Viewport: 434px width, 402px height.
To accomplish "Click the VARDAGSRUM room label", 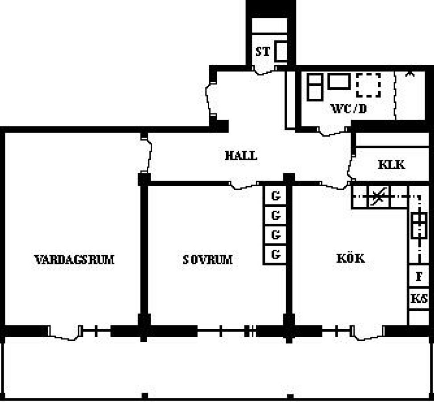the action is tap(74, 260).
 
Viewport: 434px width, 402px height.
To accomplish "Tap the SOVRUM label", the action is tap(207, 260).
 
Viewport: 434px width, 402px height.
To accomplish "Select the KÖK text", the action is tap(351, 258).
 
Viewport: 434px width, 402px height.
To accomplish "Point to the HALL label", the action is tap(241, 155).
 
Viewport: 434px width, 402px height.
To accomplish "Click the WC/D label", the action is tap(349, 109).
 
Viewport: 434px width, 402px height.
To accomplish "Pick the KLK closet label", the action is tap(391, 165).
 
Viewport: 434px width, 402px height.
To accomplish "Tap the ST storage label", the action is tap(262, 51).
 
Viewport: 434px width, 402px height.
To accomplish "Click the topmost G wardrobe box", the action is tap(275, 196).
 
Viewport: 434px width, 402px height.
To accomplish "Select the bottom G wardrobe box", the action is tap(275, 254).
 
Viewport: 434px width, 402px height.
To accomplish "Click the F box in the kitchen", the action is tap(419, 276).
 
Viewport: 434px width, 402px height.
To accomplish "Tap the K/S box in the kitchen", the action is tap(419, 299).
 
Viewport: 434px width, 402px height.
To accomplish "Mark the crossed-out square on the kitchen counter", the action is tap(379, 197).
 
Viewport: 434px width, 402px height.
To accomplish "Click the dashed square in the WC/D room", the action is tap(368, 85).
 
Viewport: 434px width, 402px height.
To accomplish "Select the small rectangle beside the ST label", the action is tap(281, 51).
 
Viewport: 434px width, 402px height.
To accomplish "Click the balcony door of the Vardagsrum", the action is tap(65, 333).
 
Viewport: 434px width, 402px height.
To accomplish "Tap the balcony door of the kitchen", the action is tap(368, 333).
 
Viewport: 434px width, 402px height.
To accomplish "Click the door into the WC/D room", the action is tap(332, 131).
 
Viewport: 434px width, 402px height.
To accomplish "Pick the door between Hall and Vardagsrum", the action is tap(147, 153).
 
